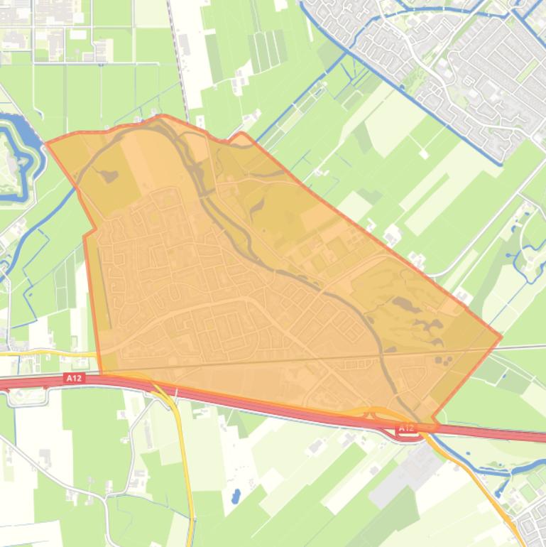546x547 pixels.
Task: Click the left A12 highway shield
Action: point(74,379)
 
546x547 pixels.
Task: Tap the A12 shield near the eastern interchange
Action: point(406,428)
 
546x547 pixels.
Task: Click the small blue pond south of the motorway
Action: point(236,496)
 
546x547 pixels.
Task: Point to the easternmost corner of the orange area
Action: point(501,337)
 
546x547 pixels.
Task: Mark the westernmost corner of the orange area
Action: point(47,143)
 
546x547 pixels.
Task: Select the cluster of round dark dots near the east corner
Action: point(444,360)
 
